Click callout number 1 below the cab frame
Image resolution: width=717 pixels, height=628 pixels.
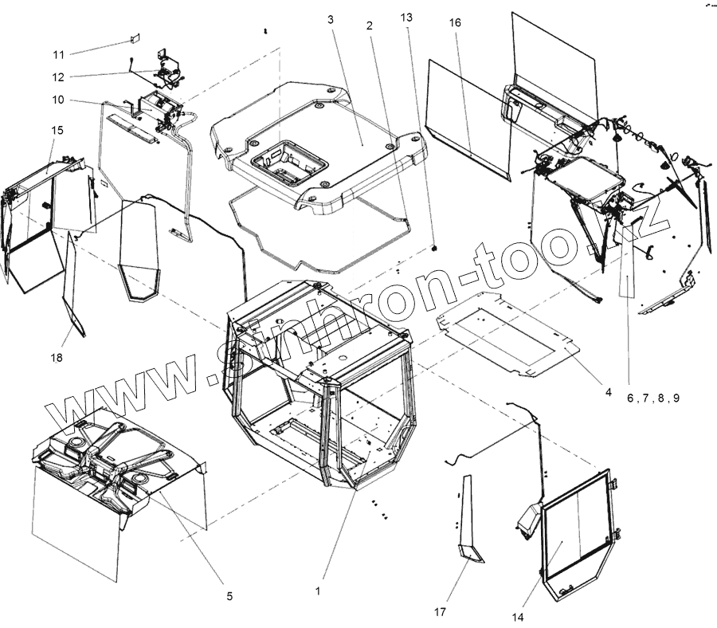(317, 591)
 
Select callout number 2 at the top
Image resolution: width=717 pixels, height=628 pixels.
(369, 25)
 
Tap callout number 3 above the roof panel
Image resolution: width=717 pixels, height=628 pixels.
(330, 21)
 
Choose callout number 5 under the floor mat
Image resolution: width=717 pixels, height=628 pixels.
(229, 595)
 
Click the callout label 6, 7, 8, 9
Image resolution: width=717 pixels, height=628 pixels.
(652, 398)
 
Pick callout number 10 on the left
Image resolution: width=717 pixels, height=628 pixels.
(58, 100)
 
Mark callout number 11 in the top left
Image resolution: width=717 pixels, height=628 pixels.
(58, 54)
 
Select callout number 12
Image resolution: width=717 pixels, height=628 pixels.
(58, 77)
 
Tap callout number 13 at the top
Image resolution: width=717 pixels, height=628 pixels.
(408, 18)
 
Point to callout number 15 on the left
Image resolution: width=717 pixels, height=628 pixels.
(58, 129)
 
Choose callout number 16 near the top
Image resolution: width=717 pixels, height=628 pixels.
(455, 23)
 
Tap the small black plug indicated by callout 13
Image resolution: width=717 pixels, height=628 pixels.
(436, 249)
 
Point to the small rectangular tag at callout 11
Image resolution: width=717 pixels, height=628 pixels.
(135, 37)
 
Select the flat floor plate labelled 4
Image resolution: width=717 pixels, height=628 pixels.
(510, 333)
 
